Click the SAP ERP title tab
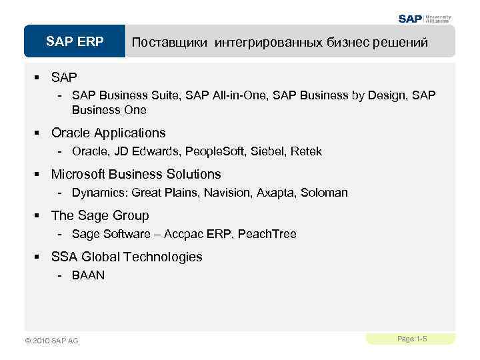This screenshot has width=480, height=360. click(x=75, y=42)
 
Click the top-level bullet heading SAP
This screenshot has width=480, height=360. click(x=64, y=78)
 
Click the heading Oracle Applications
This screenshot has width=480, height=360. click(x=108, y=133)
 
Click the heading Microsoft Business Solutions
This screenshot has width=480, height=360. click(x=135, y=174)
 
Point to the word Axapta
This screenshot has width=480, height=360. click(x=275, y=193)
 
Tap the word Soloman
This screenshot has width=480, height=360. click(x=324, y=193)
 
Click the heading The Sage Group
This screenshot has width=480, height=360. click(x=100, y=215)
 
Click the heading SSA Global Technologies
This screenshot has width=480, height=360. click(x=127, y=257)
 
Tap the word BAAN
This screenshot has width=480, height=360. click(x=88, y=275)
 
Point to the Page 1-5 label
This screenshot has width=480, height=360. click(x=411, y=339)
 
